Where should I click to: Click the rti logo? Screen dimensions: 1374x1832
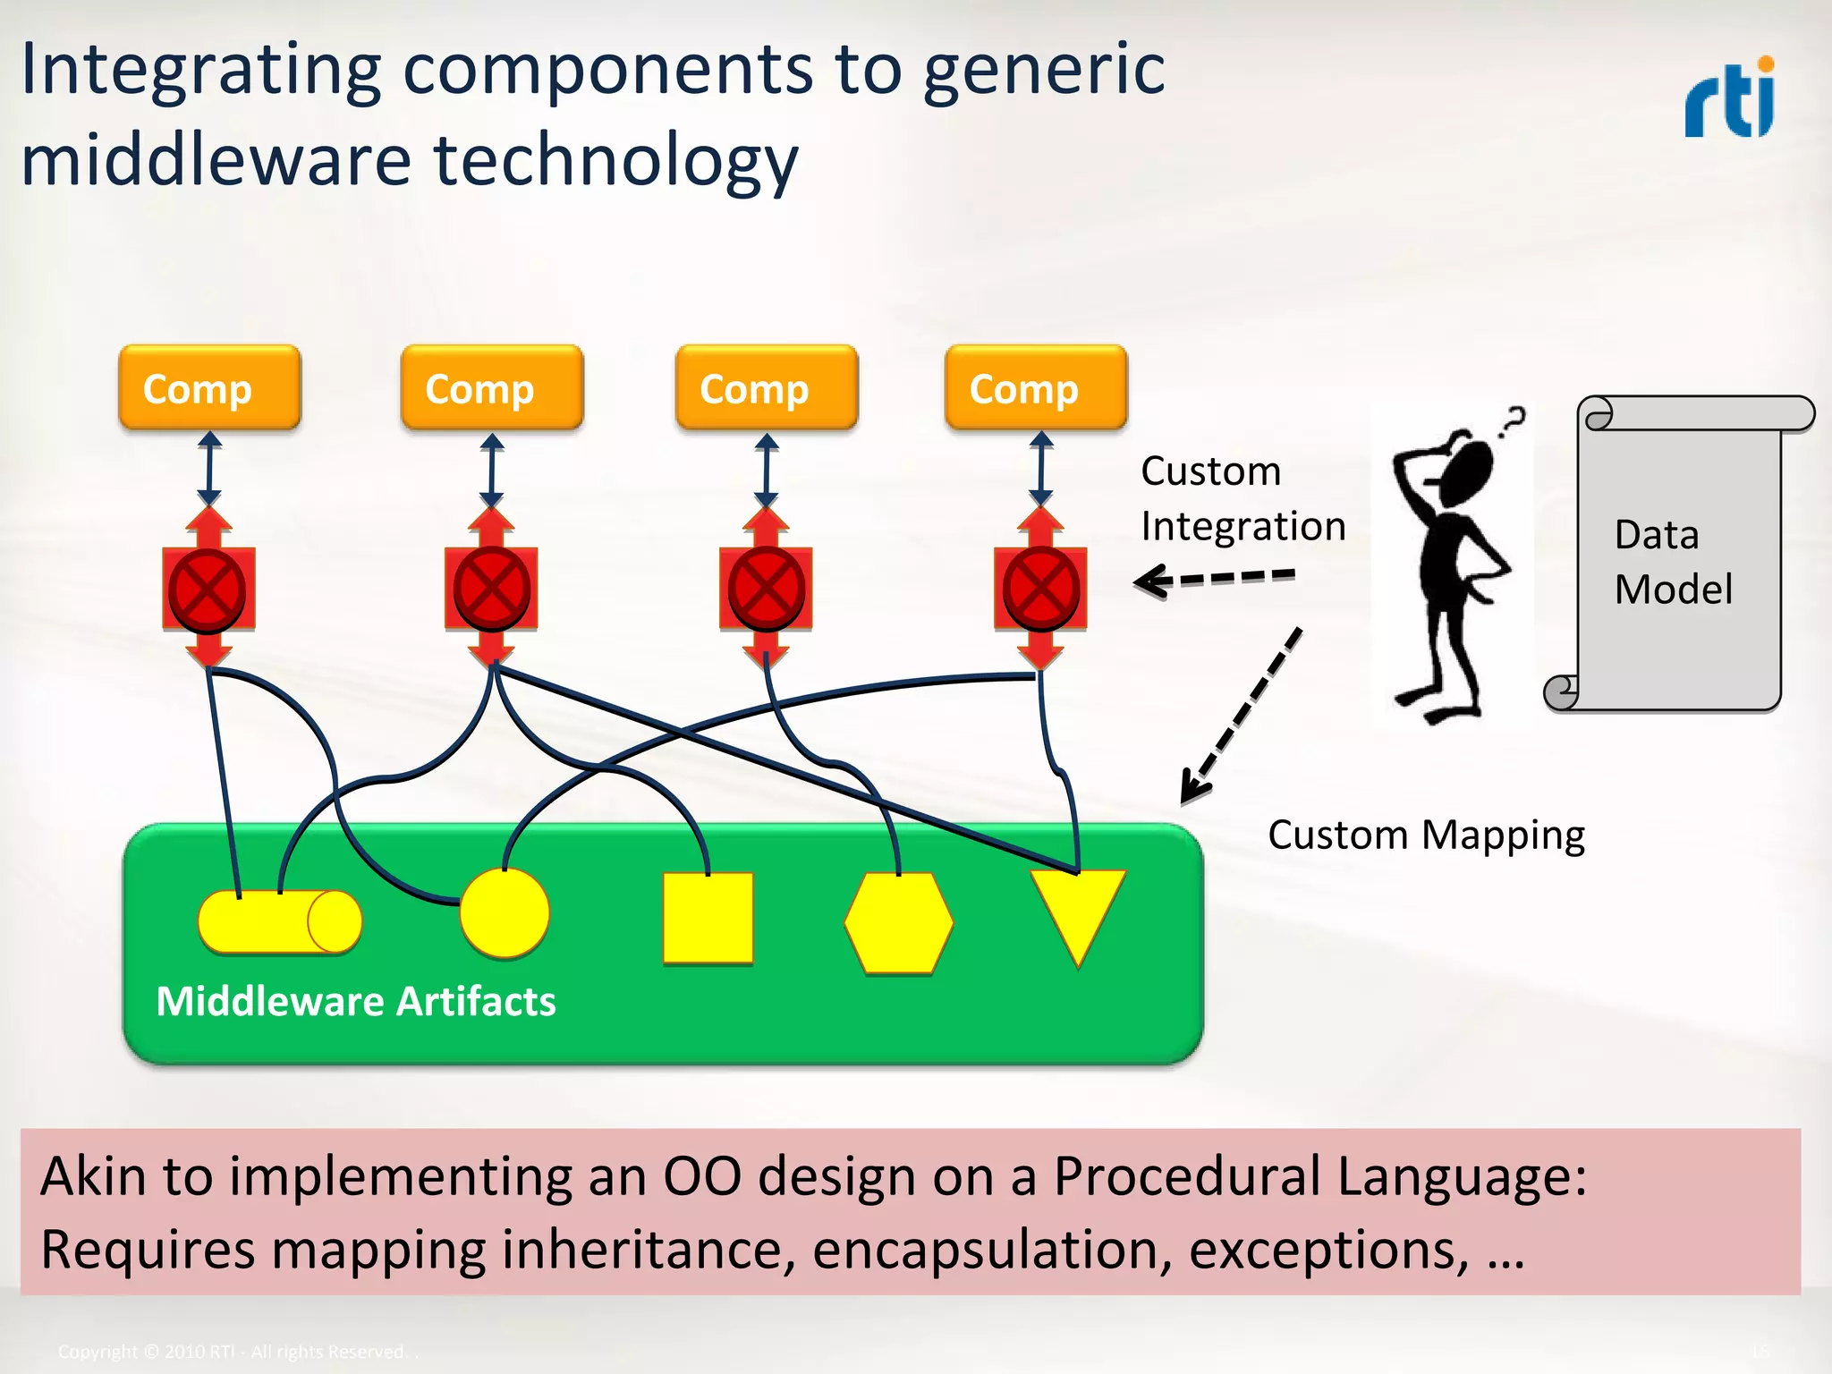click(1730, 98)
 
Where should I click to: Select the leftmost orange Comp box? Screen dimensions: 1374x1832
click(209, 388)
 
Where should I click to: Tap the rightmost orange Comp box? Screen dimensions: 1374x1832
click(1036, 388)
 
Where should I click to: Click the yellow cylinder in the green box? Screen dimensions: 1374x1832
click(279, 921)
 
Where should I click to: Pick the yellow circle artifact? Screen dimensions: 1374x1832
click(504, 913)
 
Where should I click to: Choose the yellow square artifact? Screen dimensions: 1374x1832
click(708, 919)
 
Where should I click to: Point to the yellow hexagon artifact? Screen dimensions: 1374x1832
click(898, 923)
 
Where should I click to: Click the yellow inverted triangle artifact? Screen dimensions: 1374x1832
click(1077, 908)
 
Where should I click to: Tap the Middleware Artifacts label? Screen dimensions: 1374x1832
click(355, 1001)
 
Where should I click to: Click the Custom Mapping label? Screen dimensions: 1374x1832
click(1426, 835)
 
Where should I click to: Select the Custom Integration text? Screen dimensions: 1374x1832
click(1243, 498)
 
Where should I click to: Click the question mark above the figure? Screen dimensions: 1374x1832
click(1513, 420)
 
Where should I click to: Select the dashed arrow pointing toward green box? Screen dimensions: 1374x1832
click(1242, 715)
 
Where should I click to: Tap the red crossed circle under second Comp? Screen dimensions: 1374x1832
click(491, 589)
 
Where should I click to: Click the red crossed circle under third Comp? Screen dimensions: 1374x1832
click(766, 589)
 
